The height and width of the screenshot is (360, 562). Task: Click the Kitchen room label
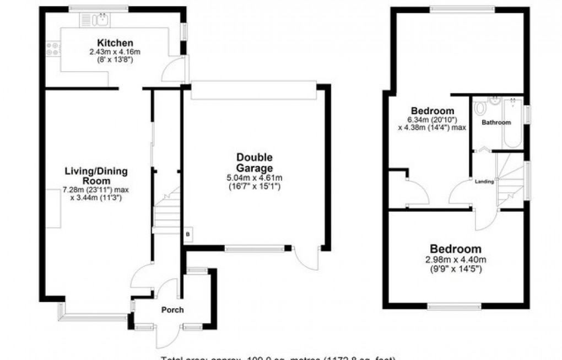[115, 43]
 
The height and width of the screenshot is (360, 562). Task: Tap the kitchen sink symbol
[96, 20]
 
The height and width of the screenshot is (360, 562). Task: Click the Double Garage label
[255, 163]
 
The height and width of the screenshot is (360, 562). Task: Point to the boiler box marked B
[188, 234]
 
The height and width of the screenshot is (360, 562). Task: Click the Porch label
[172, 309]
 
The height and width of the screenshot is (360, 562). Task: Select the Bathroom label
[496, 122]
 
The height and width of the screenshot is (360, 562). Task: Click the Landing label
[485, 180]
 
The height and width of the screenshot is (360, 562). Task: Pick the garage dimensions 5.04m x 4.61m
[255, 178]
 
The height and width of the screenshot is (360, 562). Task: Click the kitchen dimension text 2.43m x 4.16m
[115, 52]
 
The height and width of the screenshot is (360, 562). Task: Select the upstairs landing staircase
[509, 179]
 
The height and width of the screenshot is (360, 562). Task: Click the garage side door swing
[306, 258]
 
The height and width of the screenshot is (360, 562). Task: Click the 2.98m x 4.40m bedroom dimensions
[455, 260]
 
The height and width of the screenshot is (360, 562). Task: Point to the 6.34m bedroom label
[431, 111]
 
